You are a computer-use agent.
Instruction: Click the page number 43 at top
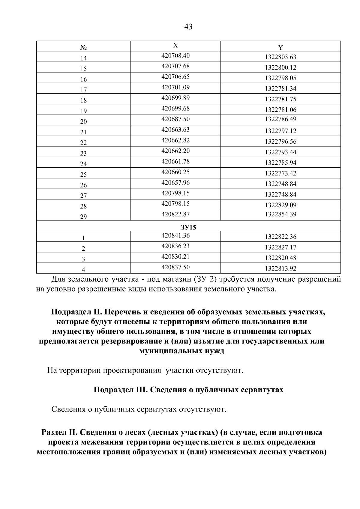[188, 27]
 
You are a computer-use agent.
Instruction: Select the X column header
[175, 45]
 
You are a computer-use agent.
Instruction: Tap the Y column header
[280, 47]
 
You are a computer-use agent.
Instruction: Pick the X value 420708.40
[175, 55]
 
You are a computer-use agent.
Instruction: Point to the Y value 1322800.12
[280, 67]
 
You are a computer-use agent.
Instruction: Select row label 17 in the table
[83, 90]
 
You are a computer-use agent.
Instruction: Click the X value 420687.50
[175, 119]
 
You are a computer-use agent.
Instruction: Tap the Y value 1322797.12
[280, 131]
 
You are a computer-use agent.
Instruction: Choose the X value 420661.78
[175, 161]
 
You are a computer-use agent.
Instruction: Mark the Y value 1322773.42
[280, 173]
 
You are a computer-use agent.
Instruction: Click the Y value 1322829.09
[280, 205]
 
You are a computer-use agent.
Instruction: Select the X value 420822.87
[175, 214]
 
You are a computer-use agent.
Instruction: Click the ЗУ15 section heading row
[188, 227]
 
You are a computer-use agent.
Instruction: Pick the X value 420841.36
[175, 235]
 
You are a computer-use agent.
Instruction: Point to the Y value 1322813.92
[280, 268]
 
